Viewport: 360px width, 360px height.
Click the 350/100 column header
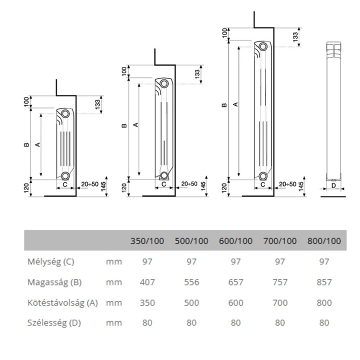pos(147,241)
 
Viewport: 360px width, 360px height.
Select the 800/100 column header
pos(324,241)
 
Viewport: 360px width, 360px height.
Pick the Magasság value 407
pos(147,282)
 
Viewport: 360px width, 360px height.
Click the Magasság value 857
pos(324,282)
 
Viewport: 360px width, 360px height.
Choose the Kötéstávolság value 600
pos(235,302)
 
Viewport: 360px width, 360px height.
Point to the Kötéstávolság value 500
pos(191,302)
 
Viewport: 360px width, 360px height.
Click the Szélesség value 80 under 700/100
pos(280,322)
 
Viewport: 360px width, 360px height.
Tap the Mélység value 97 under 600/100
pos(235,261)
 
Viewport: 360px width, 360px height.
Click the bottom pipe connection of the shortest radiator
pos(65,176)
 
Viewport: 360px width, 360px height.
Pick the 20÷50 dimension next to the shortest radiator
pos(90,184)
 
